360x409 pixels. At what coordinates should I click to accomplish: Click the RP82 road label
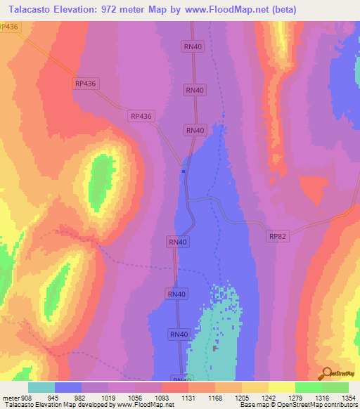click(276, 238)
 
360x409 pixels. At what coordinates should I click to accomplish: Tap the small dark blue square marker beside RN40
click(184, 170)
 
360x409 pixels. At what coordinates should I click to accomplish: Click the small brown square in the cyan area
click(215, 348)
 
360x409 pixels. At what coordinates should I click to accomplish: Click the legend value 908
click(27, 397)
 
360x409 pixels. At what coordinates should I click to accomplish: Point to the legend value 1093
click(162, 397)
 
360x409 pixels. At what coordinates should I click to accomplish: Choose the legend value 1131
click(188, 397)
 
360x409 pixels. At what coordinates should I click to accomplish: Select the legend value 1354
click(348, 397)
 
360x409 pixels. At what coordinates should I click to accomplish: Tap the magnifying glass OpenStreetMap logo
click(326, 373)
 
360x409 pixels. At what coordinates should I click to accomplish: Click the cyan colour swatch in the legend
click(41, 387)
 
